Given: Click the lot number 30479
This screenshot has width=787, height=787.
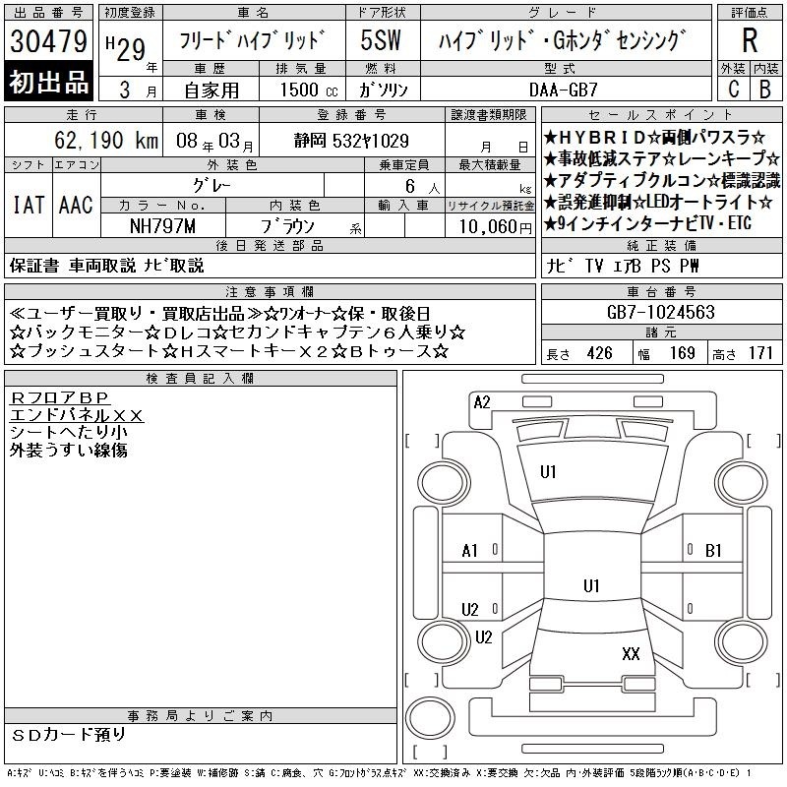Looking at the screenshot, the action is (48, 40).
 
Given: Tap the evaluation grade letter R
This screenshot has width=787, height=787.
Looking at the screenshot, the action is (750, 40).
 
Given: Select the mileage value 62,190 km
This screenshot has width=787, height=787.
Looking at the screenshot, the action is (106, 140).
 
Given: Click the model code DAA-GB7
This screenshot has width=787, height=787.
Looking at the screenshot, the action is (563, 90).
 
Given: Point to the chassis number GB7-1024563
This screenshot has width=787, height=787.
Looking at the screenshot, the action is (660, 312).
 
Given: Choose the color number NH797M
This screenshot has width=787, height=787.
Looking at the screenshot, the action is (162, 226).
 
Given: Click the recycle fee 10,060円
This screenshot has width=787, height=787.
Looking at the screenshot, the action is (495, 226).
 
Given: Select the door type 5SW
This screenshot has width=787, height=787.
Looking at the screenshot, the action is (381, 40).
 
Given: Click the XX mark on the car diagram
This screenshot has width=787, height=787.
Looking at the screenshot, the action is (631, 653).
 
